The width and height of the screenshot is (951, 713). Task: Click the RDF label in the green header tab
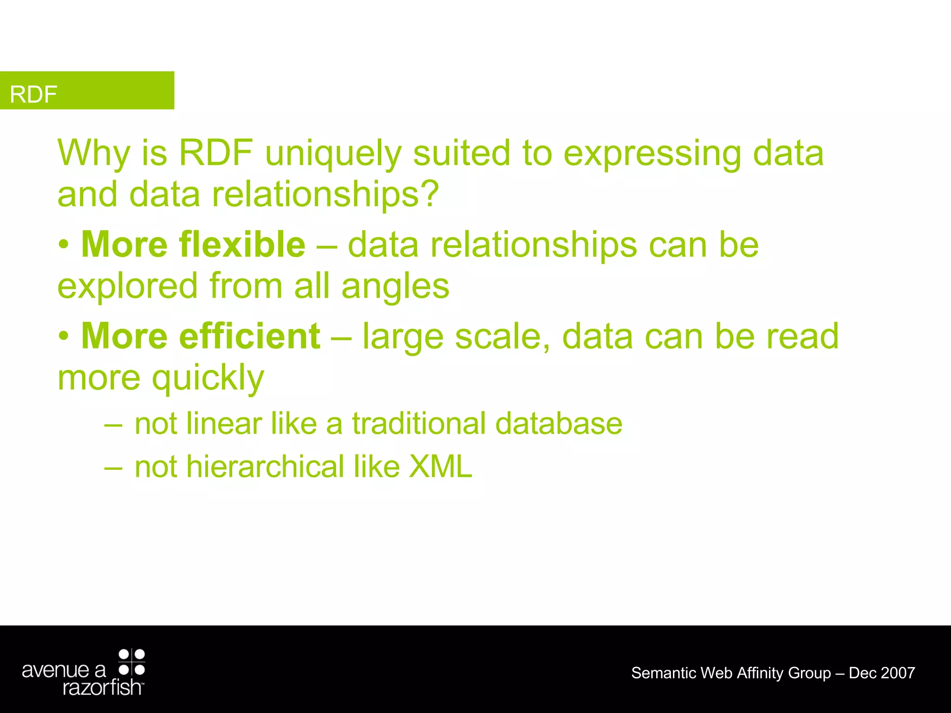(x=33, y=94)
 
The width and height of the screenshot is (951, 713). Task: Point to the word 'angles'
(x=395, y=286)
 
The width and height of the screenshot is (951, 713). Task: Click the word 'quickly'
(x=208, y=378)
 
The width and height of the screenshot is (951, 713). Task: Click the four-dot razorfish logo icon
(x=132, y=662)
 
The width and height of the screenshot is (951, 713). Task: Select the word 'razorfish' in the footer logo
(x=102, y=687)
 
